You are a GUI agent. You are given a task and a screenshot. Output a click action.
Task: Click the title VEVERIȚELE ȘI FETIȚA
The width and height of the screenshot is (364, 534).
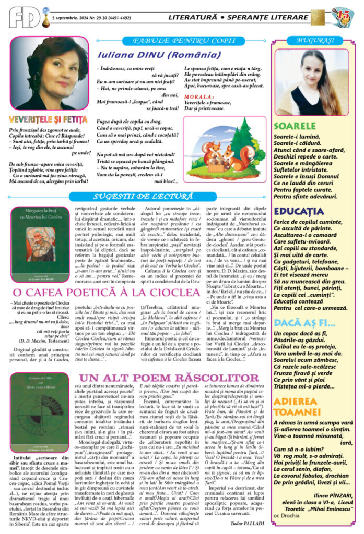[x=48, y=120]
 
